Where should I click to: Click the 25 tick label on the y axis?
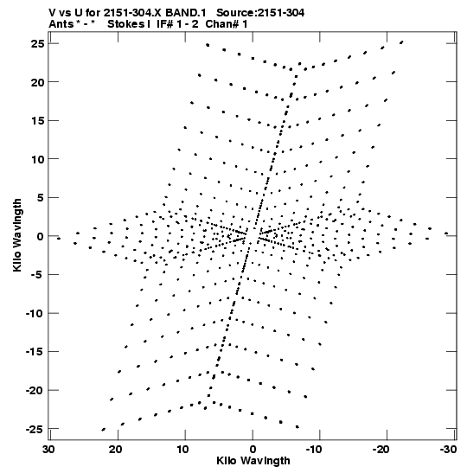pos(38,44)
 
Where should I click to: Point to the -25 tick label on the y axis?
pos(35,429)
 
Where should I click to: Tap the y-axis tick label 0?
pos(41,237)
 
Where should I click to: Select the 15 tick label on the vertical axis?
pos(38,121)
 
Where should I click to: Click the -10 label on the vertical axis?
pos(35,313)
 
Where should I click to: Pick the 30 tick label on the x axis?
pos(48,450)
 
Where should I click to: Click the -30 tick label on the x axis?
pos(448,450)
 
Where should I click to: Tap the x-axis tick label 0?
pos(253,450)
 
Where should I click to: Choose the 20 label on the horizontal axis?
pos(116,450)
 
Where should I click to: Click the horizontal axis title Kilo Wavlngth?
pos(253,461)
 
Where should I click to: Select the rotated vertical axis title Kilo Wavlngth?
pos(17,235)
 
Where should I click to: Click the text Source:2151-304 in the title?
pos(260,13)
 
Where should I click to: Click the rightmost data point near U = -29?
pos(446,233)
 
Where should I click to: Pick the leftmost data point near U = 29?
pos(59,239)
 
